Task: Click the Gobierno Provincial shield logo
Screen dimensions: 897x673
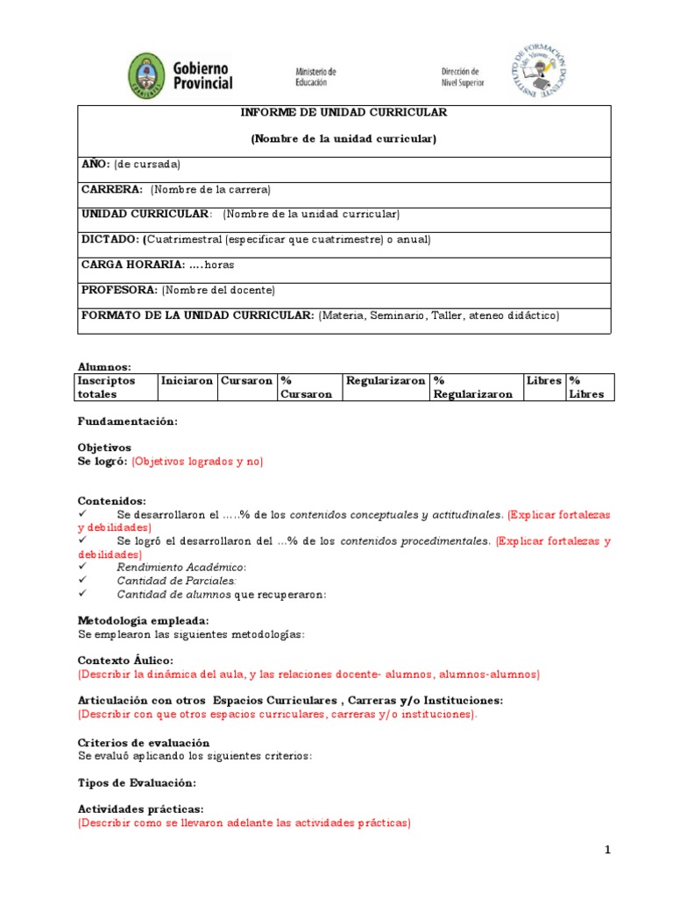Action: click(x=145, y=76)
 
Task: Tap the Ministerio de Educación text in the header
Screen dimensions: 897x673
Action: click(x=315, y=76)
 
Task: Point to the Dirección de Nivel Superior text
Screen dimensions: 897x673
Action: click(x=461, y=77)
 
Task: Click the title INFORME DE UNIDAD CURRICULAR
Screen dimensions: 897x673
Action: click(x=344, y=113)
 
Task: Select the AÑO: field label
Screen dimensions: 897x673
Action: click(x=96, y=164)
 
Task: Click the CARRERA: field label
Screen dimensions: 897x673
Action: click(x=112, y=189)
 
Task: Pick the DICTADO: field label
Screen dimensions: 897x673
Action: click(x=110, y=239)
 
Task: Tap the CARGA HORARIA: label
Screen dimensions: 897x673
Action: click(x=132, y=265)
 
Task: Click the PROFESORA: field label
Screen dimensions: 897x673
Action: click(x=119, y=290)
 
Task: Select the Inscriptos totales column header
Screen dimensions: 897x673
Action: click(x=107, y=387)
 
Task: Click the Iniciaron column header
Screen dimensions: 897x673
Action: click(x=187, y=381)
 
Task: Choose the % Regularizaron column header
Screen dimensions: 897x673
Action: click(x=473, y=387)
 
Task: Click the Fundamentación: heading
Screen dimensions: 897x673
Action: click(x=127, y=421)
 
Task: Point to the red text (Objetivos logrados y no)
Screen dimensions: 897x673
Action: click(x=197, y=461)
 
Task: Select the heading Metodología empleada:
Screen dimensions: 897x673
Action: click(x=144, y=620)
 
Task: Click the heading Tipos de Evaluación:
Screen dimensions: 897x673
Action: click(x=137, y=782)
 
